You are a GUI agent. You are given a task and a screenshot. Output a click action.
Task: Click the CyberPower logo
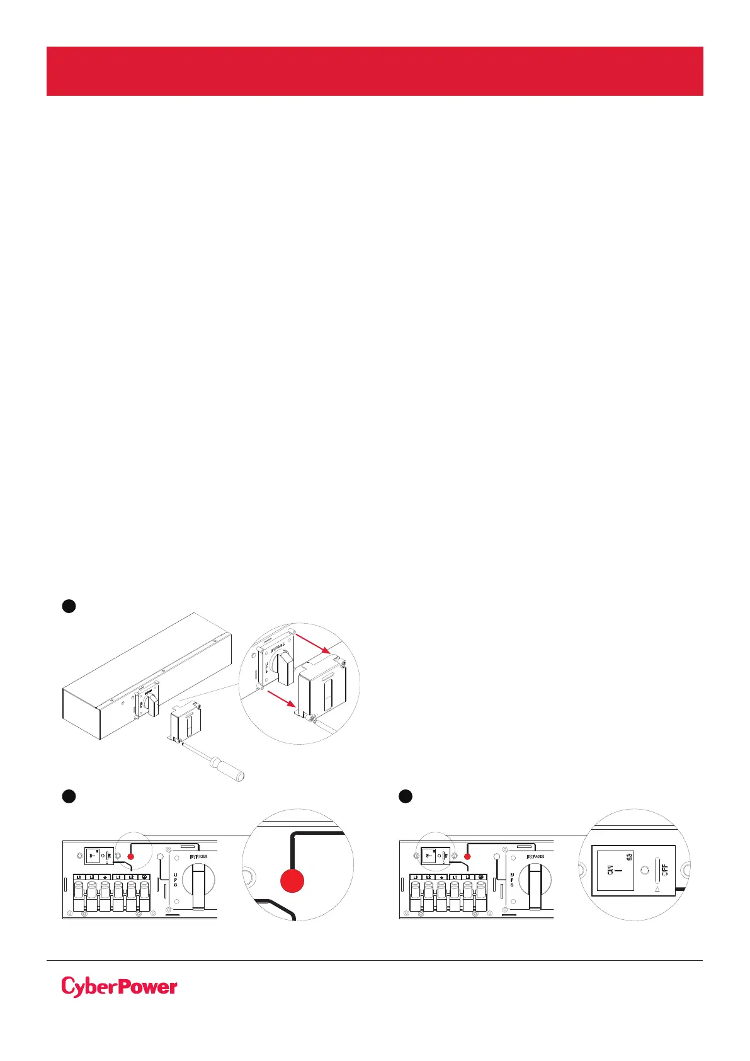coord(119,987)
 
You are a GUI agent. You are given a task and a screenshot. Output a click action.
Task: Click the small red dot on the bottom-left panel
coord(130,857)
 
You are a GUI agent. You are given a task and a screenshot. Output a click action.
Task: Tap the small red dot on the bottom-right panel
coord(467,857)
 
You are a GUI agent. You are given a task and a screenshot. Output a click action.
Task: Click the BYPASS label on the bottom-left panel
coord(202,857)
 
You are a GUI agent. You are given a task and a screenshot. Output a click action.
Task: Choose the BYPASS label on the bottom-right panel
coord(539,857)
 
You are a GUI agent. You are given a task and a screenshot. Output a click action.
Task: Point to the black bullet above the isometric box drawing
coord(69,605)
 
